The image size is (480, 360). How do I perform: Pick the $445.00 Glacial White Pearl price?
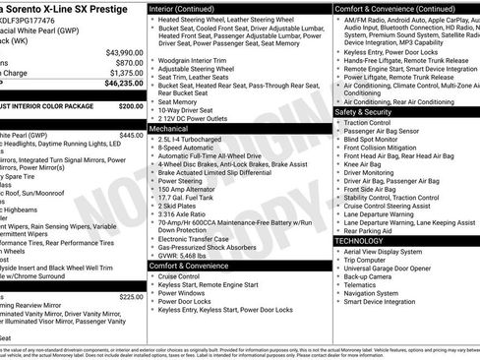coord(131,135)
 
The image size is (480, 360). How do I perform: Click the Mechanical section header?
coord(169,129)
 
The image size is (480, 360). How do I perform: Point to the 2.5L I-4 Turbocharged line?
coord(197,139)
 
